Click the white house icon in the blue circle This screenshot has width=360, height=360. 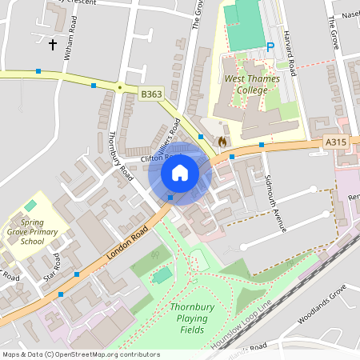[x=180, y=173]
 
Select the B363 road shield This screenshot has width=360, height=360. [x=151, y=94]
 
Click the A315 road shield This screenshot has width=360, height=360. [x=337, y=142]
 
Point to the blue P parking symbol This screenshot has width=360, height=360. [x=270, y=47]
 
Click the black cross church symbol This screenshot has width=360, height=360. [x=53, y=44]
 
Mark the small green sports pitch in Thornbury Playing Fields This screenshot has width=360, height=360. [x=162, y=275]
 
